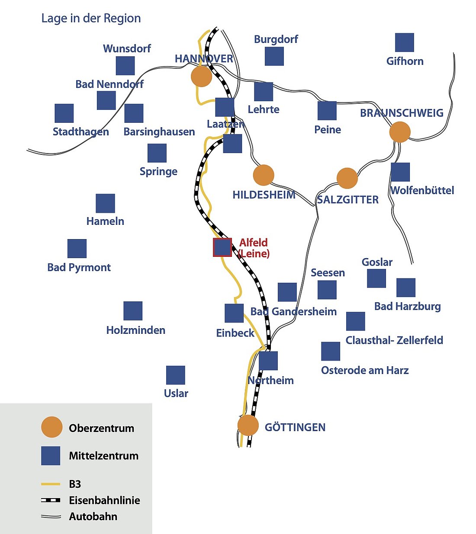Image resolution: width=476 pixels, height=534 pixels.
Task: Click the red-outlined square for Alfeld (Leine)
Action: point(222,247)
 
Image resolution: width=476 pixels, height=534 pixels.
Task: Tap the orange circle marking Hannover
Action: point(201,77)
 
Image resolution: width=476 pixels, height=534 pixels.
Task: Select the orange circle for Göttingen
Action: point(248,425)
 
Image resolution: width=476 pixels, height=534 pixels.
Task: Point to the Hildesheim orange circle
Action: point(264,175)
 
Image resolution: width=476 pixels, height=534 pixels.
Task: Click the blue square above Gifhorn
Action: point(405,42)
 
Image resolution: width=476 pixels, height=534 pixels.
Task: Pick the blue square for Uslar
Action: point(176,375)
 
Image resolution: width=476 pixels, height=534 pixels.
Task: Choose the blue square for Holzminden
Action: point(133,311)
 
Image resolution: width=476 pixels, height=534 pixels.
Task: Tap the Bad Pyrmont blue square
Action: point(77,249)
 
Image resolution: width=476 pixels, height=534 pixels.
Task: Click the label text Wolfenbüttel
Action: point(422,190)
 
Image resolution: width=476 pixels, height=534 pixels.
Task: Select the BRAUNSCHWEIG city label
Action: point(402,113)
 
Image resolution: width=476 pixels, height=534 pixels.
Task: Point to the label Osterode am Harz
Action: point(365,370)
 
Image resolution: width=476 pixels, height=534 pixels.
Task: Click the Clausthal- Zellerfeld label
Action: point(394,340)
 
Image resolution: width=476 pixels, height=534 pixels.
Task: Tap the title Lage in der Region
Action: point(91,18)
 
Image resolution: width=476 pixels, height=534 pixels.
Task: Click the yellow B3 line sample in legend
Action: point(51,484)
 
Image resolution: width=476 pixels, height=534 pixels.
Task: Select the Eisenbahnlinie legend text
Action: point(104,500)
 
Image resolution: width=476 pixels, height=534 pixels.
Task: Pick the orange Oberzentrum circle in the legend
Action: point(52,427)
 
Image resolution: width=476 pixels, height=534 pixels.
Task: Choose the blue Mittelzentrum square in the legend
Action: point(51,456)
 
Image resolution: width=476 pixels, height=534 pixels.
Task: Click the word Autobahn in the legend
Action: point(93,516)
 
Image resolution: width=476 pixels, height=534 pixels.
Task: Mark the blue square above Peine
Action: point(327,111)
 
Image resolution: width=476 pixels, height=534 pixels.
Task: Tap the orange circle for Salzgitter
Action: point(347,178)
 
